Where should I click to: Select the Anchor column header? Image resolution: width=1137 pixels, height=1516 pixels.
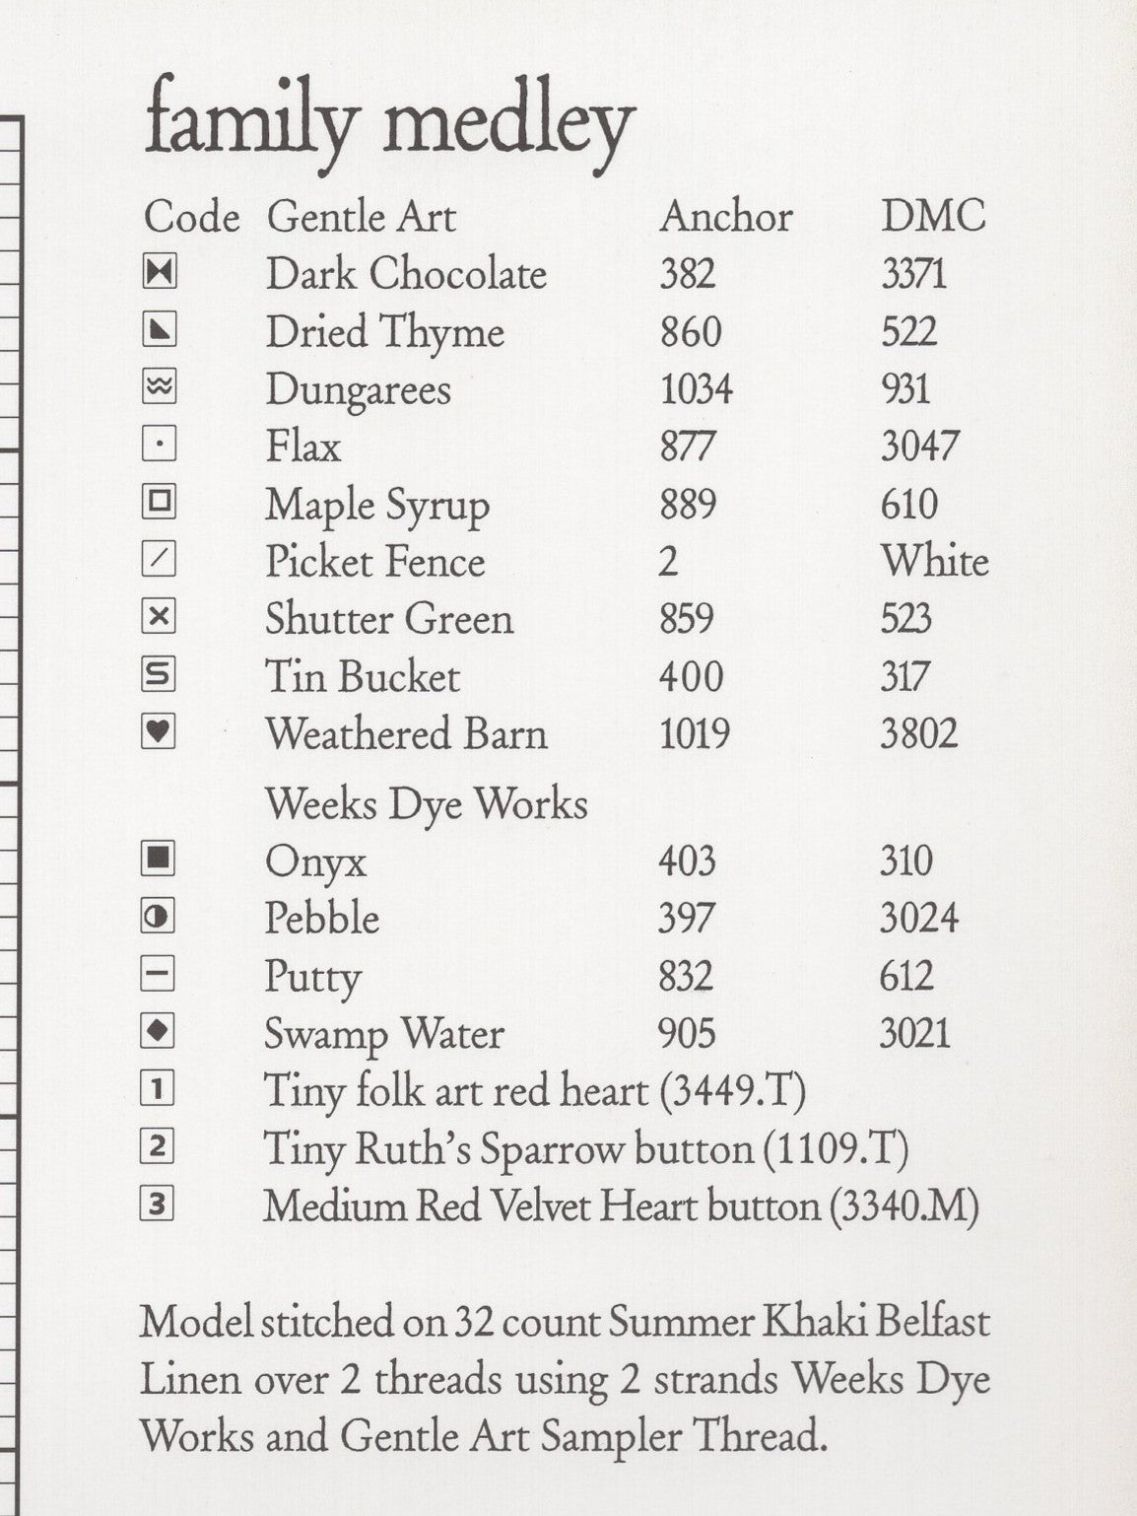tap(726, 217)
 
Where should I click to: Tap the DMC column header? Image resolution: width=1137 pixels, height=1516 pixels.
tap(933, 217)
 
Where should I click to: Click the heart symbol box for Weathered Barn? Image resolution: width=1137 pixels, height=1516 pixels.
tap(159, 732)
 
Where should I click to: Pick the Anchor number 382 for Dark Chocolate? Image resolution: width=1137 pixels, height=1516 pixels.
tap(688, 274)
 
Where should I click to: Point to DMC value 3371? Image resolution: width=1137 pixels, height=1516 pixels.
tap(913, 274)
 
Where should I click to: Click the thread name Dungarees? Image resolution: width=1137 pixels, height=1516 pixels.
tap(359, 390)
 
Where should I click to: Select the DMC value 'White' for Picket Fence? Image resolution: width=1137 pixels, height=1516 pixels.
tap(934, 562)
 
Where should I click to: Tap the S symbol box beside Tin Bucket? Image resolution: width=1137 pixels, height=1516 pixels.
tap(159, 675)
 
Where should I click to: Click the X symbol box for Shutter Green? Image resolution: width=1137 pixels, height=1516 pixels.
tap(159, 618)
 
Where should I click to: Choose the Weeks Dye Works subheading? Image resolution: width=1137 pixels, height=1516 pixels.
tap(426, 804)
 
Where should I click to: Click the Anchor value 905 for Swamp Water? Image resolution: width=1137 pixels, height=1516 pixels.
tap(687, 1034)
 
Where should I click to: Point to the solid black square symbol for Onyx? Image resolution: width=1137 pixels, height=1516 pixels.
tap(159, 860)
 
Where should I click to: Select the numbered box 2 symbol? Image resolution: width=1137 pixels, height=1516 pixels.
tap(159, 1146)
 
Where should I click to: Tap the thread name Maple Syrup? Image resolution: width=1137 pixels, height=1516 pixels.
tap(377, 506)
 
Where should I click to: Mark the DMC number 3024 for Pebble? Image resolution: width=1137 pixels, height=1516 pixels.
tap(918, 919)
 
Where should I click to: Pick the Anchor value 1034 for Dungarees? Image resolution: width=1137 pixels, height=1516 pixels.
tap(697, 389)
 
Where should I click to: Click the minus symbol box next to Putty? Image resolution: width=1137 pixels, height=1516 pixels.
tap(159, 975)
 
